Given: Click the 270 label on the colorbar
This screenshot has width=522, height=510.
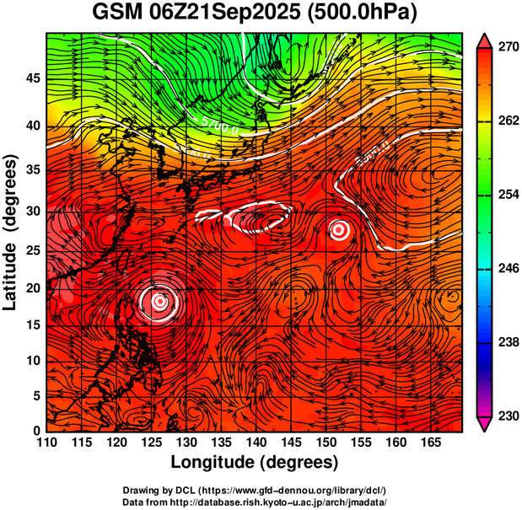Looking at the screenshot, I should pyautogui.click(x=506, y=48).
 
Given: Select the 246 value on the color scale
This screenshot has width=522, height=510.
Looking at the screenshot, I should pyautogui.click(x=506, y=269).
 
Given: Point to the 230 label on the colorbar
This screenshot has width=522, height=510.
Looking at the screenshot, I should pyautogui.click(x=506, y=416).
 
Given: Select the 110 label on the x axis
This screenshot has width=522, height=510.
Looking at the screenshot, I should pyautogui.click(x=46, y=442).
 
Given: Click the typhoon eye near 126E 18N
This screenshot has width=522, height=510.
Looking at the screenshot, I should pyautogui.click(x=159, y=300).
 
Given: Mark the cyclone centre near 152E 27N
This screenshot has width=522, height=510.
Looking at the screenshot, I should pyautogui.click(x=338, y=229).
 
